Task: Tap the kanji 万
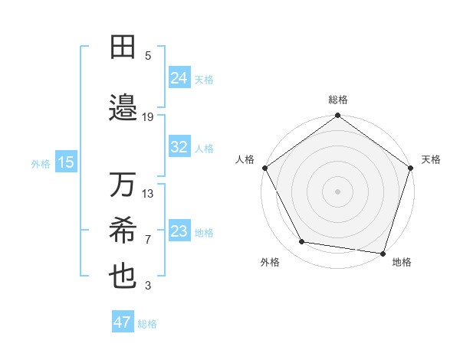123,185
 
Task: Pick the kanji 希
123,231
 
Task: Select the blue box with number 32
179,147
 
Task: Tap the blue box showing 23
179,231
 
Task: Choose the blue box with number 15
66,162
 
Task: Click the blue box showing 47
123,322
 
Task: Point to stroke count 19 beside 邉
148,116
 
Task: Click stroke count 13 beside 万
148,193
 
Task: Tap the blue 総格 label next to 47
147,324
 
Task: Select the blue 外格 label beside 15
40,163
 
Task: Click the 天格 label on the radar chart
431,159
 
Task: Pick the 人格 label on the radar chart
245,159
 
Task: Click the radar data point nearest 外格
302,242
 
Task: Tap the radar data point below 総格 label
337,116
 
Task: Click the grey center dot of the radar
337,191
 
